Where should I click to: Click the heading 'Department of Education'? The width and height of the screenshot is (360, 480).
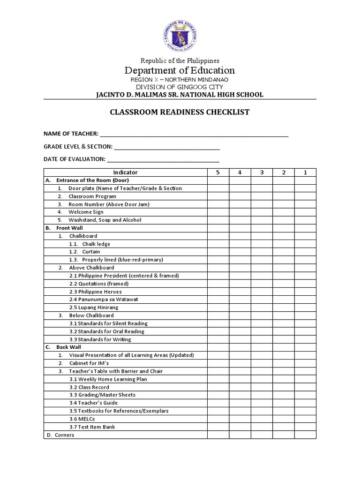tap(180, 70)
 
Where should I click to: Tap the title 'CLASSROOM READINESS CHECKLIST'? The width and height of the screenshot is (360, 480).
tap(180, 112)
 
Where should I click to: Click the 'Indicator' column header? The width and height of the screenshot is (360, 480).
tap(126, 172)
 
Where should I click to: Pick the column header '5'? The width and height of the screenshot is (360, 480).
tap(217, 172)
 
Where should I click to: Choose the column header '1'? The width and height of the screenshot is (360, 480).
tap(305, 172)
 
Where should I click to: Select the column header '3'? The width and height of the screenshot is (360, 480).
tap(262, 172)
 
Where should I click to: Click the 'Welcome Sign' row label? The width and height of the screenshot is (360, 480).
tap(86, 212)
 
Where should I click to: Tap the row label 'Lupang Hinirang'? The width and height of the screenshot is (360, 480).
tap(94, 307)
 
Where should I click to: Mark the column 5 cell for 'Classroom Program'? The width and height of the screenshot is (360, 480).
tap(217, 196)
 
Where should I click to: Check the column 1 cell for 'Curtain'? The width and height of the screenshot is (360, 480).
tap(305, 252)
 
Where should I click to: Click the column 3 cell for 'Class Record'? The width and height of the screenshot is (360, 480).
tap(262, 387)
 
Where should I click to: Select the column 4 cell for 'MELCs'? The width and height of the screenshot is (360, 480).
tap(240, 419)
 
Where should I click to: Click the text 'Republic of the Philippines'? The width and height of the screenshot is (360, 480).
tap(180, 60)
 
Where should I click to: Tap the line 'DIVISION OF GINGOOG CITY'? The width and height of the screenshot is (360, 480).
tap(180, 87)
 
